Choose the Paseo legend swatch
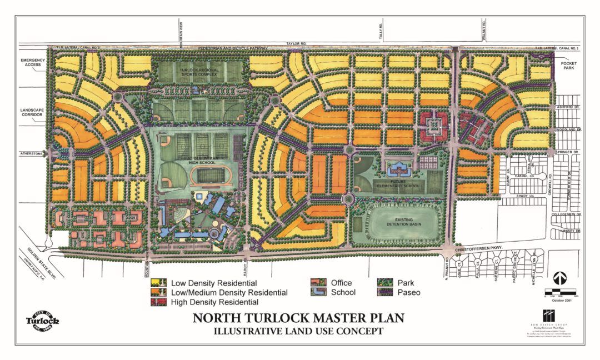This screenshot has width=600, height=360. pos(385,292)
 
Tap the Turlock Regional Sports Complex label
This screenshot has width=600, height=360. pos(201,71)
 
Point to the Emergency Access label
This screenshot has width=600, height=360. pos(33,63)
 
